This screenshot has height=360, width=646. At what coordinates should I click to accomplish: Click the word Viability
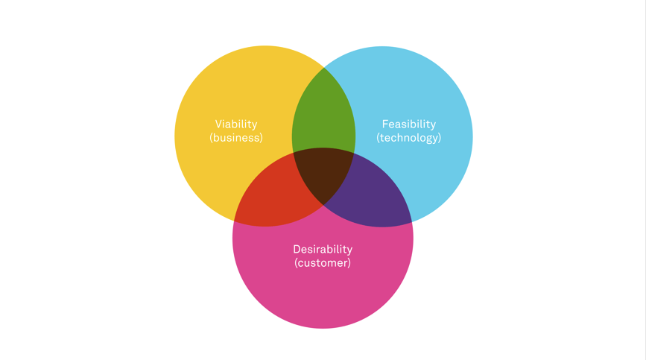tap(236, 124)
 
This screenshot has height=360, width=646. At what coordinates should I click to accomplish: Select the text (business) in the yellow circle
tap(236, 138)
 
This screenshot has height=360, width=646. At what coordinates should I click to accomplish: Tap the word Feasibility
tap(409, 124)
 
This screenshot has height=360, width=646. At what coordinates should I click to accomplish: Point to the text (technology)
tap(409, 138)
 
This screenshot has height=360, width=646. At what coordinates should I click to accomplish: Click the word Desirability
tap(323, 249)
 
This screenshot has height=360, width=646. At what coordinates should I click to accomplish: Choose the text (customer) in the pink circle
tap(323, 262)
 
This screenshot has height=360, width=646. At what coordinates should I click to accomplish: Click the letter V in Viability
tap(219, 124)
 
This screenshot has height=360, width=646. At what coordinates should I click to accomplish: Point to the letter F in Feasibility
tap(385, 124)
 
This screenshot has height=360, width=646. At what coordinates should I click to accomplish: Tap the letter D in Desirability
tap(297, 249)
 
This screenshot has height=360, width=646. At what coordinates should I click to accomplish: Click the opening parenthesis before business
tap(212, 138)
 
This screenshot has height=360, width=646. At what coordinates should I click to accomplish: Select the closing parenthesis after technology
tap(440, 138)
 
